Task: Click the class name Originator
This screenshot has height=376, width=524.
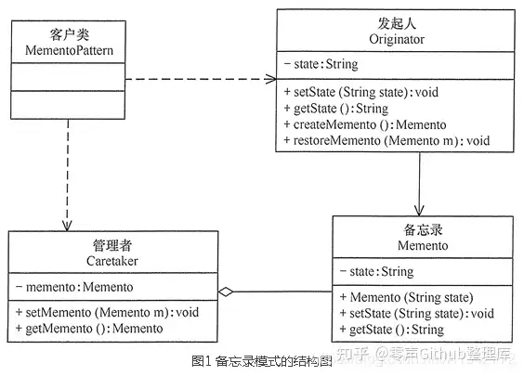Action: [x=397, y=39]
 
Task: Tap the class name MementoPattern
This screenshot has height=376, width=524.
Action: [x=69, y=50]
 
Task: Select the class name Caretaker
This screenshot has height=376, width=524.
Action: [x=111, y=261]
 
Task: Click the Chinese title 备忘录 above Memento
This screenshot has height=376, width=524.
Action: [x=423, y=229]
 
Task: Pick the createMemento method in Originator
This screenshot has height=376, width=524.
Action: [x=365, y=124]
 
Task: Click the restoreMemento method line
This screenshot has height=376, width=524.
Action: [x=386, y=140]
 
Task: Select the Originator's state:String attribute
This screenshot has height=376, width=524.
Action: [x=321, y=64]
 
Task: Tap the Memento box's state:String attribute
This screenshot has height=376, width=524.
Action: [x=376, y=271]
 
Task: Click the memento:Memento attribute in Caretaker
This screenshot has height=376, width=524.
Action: [x=74, y=287]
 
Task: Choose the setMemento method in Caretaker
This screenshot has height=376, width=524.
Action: [x=107, y=312]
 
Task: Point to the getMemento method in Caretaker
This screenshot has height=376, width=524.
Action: [x=89, y=329]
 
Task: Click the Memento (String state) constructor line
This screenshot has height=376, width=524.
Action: [x=406, y=297]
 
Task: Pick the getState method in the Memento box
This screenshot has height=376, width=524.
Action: [x=392, y=330]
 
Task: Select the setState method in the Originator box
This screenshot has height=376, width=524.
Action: [x=360, y=92]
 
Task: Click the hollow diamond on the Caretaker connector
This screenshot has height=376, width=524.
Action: [x=226, y=292]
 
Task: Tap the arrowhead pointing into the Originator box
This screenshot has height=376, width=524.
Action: [x=270, y=79]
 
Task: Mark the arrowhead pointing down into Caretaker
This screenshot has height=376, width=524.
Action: [x=67, y=226]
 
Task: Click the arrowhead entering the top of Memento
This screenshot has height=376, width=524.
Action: [x=419, y=211]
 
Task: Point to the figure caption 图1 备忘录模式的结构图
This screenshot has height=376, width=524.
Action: [x=262, y=361]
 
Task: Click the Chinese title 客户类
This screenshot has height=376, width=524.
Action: [x=69, y=34]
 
